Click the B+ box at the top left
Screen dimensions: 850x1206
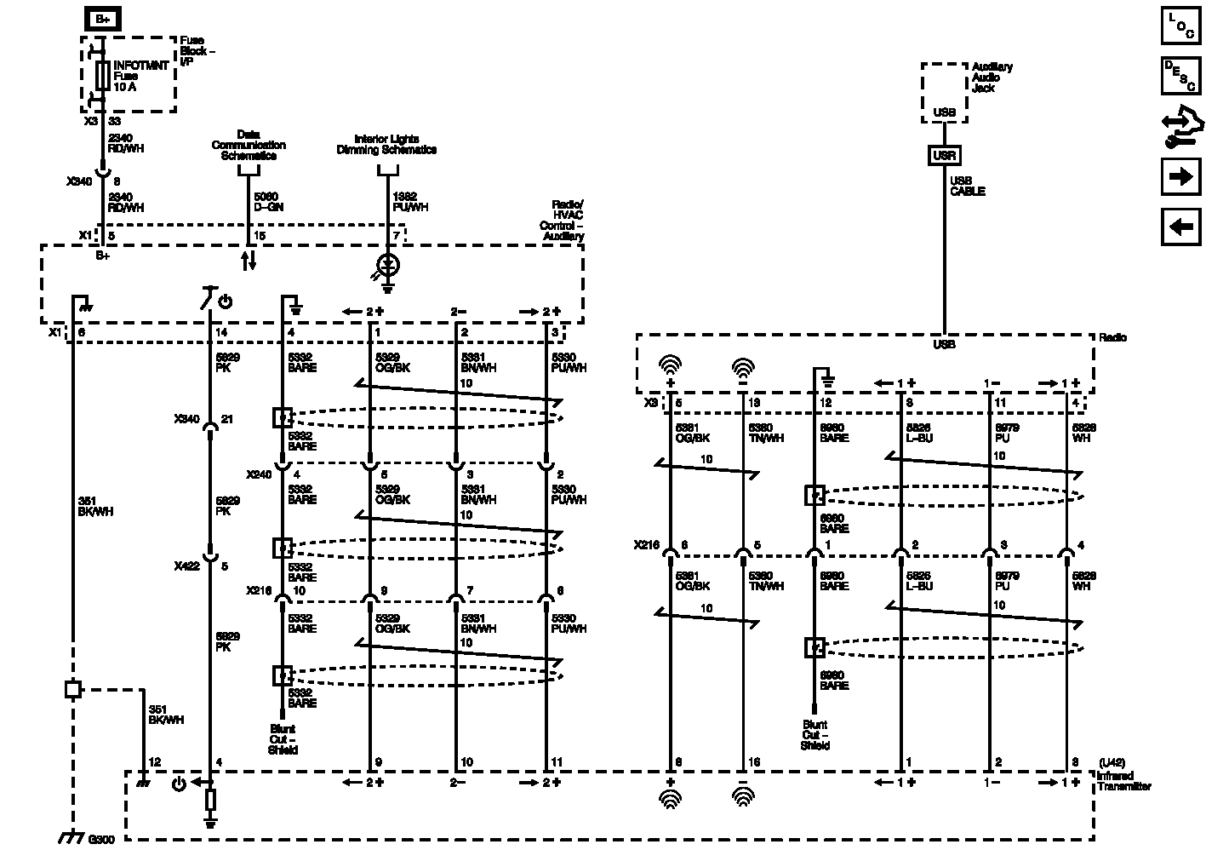(102, 18)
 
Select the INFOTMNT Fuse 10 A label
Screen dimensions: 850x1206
(140, 76)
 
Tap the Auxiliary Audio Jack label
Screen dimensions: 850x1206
(992, 78)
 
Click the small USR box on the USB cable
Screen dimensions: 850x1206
(944, 156)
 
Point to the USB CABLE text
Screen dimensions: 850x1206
(967, 186)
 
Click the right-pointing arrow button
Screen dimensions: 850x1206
(1180, 176)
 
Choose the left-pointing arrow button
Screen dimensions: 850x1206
(1180, 227)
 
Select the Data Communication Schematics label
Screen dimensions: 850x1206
(249, 145)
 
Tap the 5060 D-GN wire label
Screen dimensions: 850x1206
(268, 202)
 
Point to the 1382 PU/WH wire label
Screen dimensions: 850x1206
(409, 202)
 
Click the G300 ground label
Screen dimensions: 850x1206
(100, 839)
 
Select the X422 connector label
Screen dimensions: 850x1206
(186, 566)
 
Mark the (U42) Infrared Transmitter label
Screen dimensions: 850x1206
(1123, 775)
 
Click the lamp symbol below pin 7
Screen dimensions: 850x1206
(388, 265)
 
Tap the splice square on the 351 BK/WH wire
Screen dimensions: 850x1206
(73, 689)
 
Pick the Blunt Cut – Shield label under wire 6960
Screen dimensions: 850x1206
(814, 735)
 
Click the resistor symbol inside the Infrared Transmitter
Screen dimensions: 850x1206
(210, 800)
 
